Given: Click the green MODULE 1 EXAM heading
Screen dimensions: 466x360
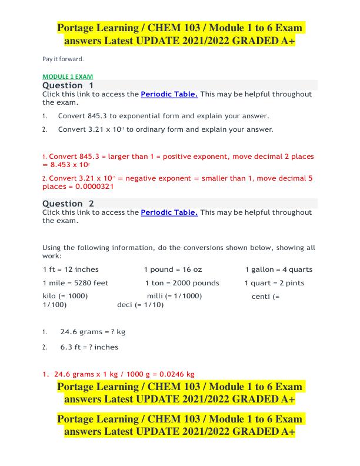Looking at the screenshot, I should coord(68,77).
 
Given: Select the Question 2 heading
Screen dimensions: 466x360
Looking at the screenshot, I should coord(68,204).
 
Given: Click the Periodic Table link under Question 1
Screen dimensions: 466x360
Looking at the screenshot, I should coord(169,94).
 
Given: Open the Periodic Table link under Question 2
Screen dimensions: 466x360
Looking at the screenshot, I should coord(169,212).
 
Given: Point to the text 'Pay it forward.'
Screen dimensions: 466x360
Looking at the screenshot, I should coord(64,59).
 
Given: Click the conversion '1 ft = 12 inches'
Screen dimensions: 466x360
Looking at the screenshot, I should coord(71,269).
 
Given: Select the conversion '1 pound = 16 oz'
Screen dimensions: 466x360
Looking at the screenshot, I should coord(172,269).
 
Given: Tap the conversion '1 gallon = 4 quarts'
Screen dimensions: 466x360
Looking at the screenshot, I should coord(279,269).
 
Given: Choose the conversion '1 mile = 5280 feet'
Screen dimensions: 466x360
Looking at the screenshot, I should coord(75,283).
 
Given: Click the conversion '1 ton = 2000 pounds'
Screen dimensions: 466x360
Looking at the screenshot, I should coord(182,283).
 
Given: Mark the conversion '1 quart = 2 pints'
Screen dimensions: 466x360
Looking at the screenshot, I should coord(275,283).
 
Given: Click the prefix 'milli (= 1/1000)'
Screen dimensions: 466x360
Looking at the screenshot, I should coord(174,296).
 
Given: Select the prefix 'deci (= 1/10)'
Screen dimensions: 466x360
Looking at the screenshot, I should coord(141,305).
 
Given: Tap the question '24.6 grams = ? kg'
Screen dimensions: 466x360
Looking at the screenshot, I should coord(92,332).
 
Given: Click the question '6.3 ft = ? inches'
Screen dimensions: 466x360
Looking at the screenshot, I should coord(89,347).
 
